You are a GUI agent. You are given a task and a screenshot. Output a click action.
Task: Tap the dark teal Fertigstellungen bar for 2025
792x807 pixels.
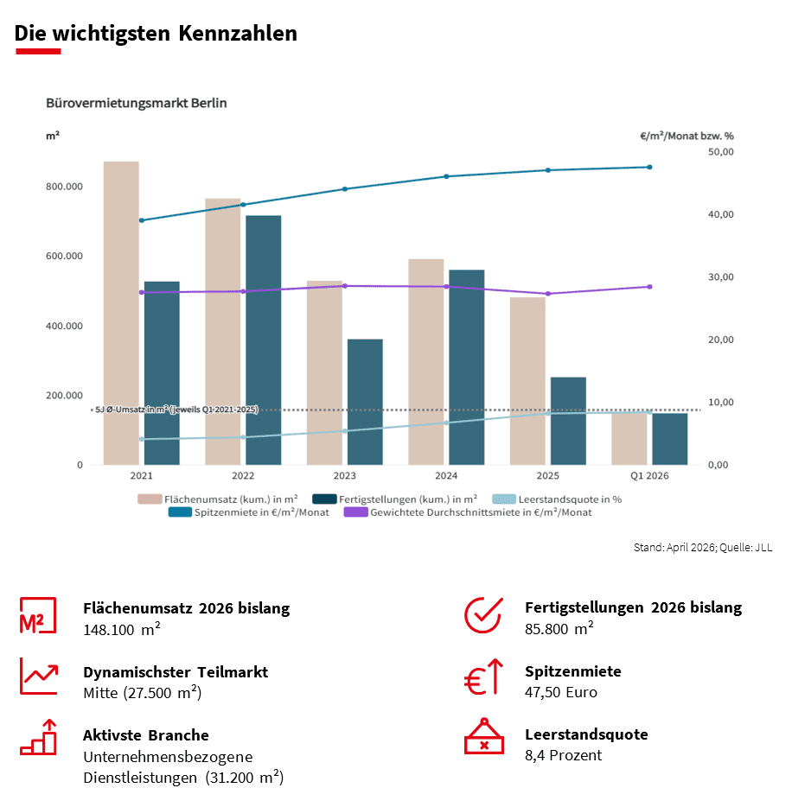tap(568, 421)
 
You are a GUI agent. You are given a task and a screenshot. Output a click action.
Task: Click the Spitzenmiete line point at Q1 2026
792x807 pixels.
tap(649, 168)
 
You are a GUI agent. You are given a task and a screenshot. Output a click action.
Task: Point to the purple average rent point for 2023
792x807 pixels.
tap(345, 286)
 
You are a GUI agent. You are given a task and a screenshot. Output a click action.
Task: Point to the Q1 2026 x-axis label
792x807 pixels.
tap(649, 476)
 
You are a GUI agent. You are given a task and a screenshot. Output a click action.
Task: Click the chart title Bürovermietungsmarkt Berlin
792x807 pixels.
tap(137, 103)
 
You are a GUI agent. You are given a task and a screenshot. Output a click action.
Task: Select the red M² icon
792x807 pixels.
tap(38, 616)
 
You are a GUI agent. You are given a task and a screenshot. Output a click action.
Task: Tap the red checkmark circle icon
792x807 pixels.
tap(483, 614)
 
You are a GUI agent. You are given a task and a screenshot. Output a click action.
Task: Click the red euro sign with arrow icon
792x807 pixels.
tap(483, 677)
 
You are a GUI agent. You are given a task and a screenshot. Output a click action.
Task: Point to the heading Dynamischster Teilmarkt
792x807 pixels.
tap(176, 671)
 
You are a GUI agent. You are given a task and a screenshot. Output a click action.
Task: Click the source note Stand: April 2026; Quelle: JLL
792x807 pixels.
tap(703, 548)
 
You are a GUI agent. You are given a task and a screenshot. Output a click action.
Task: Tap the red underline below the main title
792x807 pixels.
tap(38, 52)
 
